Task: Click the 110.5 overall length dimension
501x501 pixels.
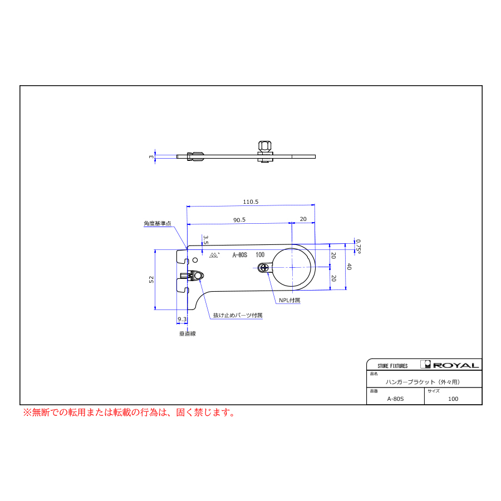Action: click(x=250, y=202)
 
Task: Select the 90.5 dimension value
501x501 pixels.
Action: click(x=239, y=220)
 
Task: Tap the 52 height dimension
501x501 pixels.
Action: click(x=151, y=279)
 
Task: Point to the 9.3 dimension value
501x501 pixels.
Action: click(x=182, y=319)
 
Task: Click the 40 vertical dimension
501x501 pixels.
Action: click(x=349, y=267)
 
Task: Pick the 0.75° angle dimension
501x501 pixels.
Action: click(x=358, y=247)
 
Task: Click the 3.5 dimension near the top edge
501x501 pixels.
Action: click(x=206, y=240)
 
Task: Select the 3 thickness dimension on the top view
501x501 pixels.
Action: click(x=151, y=156)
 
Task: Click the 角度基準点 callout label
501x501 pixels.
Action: click(x=158, y=224)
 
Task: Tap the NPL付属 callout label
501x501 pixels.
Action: click(x=289, y=301)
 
